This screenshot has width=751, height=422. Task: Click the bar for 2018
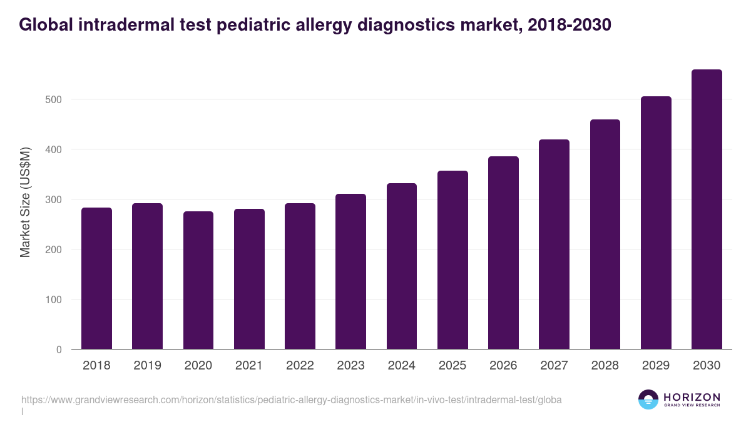point(96,278)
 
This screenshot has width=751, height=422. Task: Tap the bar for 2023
point(350,271)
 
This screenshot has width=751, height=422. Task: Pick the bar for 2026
point(503,253)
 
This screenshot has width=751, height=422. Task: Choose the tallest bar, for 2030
point(707,209)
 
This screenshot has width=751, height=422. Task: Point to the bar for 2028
point(605,234)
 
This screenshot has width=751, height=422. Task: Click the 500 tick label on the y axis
point(54,99)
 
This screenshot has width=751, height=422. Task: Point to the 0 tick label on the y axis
point(59,349)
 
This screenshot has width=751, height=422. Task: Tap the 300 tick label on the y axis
point(54,199)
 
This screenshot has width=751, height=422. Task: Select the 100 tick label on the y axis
point(54,299)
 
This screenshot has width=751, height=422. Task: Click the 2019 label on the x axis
point(147,366)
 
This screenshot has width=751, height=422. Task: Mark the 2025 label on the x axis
point(452,366)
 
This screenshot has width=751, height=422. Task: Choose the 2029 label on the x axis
point(656,366)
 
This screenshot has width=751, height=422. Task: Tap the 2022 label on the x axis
point(300,366)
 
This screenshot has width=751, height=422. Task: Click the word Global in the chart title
point(44,25)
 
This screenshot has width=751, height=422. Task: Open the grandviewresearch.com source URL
point(291,399)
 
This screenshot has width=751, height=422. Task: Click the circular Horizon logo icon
point(648,399)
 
